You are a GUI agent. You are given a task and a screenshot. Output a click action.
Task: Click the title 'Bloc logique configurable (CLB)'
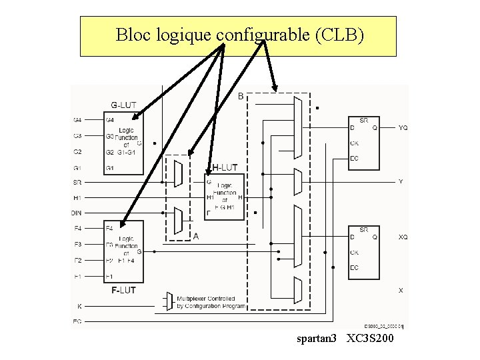240,35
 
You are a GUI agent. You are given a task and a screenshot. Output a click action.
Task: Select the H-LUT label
225,167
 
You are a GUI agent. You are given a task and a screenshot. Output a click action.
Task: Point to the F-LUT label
123,290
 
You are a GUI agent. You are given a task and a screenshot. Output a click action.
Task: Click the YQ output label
403,127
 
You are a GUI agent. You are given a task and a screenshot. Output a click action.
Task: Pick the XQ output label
403,237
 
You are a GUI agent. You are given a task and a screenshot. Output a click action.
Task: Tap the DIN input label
77,213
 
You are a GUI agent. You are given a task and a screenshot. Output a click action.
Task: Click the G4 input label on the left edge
77,120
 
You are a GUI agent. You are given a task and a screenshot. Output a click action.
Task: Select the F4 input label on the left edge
77,228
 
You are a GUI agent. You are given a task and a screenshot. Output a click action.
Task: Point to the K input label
79,306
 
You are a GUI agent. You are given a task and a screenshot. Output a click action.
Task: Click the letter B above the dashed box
241,96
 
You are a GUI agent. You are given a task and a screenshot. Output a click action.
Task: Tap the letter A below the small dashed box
196,236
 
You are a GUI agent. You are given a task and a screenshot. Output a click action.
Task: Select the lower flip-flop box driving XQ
364,253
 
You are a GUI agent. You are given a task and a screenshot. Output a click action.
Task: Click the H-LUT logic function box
225,197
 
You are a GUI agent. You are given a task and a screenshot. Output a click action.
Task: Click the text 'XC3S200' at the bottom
371,340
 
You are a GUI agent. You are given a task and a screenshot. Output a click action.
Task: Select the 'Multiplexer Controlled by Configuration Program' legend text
211,302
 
